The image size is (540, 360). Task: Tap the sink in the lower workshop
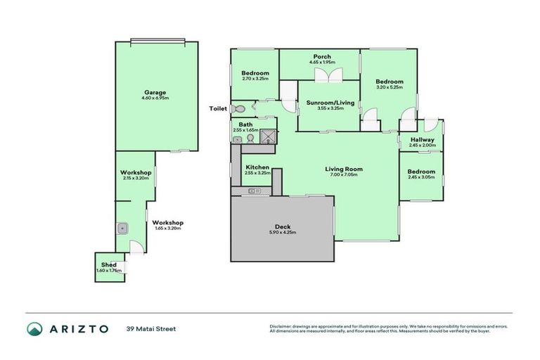tap(122, 228)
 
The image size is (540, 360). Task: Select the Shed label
tap(109, 264)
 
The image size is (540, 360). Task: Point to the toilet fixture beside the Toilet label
tap(240, 109)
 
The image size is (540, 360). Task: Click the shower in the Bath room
tap(268, 139)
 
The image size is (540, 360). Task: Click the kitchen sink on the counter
tap(254, 191)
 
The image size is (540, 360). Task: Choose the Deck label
tap(283, 226)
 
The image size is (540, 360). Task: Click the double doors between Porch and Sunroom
tap(324, 75)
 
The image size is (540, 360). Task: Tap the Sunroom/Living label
tap(330, 103)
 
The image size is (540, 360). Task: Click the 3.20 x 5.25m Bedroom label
tap(389, 82)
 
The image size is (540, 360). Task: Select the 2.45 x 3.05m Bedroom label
tap(421, 172)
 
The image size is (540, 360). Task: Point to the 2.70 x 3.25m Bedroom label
tap(255, 73)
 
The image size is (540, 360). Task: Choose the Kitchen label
tap(257, 167)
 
